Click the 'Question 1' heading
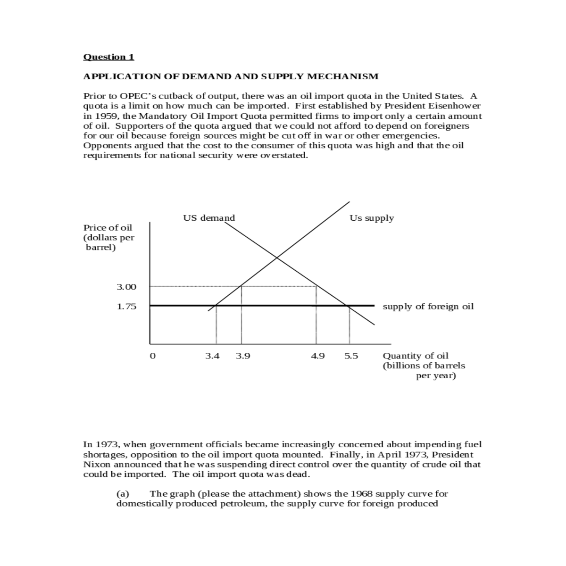pyautogui.click(x=108, y=57)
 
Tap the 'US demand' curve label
pyautogui.click(x=209, y=218)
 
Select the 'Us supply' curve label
pyautogui.click(x=372, y=218)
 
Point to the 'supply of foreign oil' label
pyautogui.click(x=428, y=307)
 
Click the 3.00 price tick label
pyautogui.click(x=126, y=287)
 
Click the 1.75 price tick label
pyautogui.click(x=126, y=307)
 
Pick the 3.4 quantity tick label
pyautogui.click(x=212, y=356)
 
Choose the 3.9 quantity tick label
pyautogui.click(x=243, y=356)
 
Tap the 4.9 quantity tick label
pyautogui.click(x=318, y=356)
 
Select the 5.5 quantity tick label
pyautogui.click(x=351, y=356)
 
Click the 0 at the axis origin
pyautogui.click(x=152, y=356)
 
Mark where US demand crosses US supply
pyautogui.click(x=277, y=258)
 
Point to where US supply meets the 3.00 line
pyautogui.click(x=241, y=286)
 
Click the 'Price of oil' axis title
pyautogui.click(x=108, y=228)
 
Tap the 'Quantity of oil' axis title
pyautogui.click(x=416, y=356)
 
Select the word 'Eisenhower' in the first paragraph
pyautogui.click(x=457, y=106)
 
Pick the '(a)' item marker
pyautogui.click(x=123, y=494)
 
